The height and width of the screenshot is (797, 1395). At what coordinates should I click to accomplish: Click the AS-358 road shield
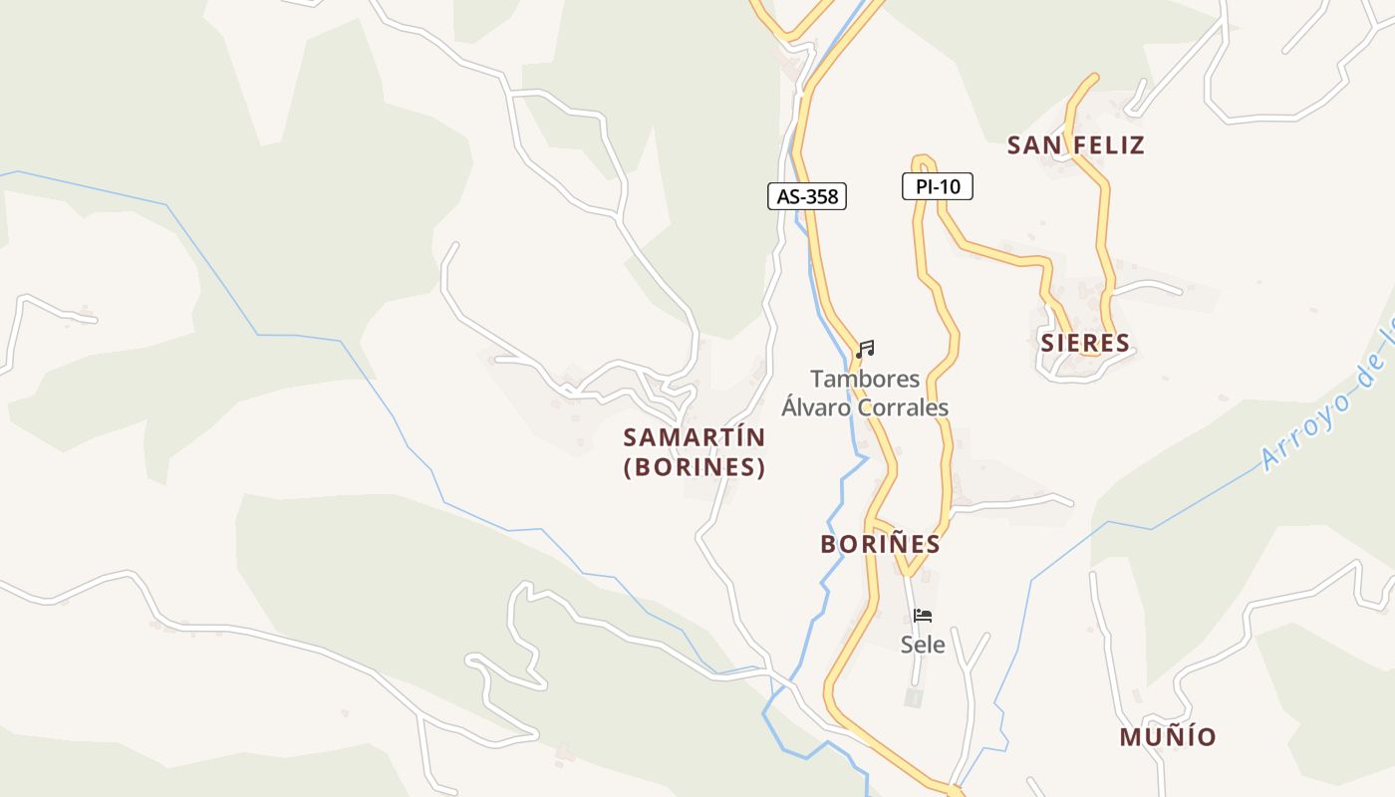coord(807,196)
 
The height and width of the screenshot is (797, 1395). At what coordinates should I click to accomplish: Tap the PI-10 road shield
coord(937,186)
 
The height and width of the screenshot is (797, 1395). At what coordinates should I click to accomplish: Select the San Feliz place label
coord(1075,145)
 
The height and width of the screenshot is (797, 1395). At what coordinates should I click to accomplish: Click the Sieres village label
coord(1085,344)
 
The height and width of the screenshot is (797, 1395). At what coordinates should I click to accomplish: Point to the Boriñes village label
coord(880,544)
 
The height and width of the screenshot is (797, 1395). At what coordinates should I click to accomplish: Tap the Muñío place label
coord(1168,737)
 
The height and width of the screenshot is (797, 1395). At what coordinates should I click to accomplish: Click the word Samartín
coord(695,437)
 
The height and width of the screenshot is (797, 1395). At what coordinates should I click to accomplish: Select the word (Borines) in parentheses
coord(695,467)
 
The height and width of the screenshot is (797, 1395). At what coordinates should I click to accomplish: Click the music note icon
coord(865,349)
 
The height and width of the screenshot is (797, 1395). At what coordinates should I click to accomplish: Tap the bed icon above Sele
coord(923,616)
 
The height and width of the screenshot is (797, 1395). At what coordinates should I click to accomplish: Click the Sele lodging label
coord(923,645)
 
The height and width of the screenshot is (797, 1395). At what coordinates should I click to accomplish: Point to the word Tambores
coord(865,380)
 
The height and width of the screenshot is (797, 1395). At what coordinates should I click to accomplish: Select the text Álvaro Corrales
coord(865,407)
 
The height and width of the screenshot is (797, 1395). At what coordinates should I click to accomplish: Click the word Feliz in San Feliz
coord(1109,145)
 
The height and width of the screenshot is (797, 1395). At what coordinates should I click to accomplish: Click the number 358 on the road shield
coord(821,196)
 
